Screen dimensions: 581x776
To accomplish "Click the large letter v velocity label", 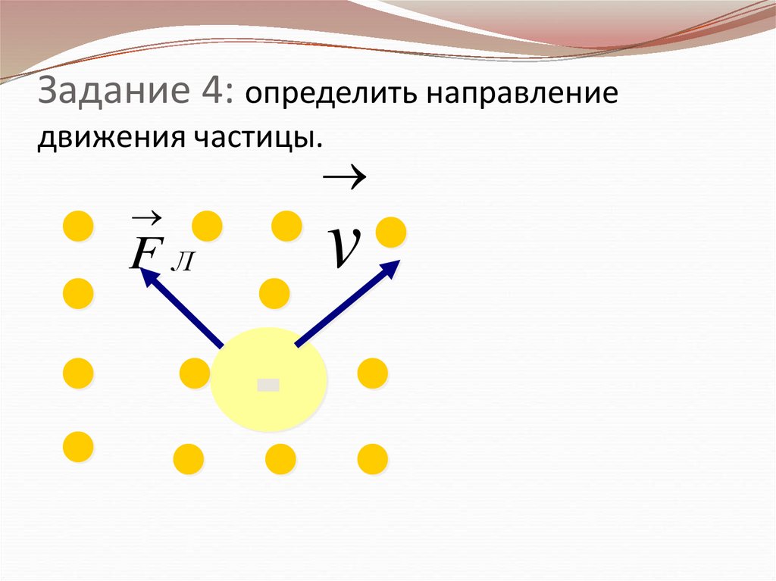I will coord(343,248).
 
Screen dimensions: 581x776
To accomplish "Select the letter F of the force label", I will coord(143,253).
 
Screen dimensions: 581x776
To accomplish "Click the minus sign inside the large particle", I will coord(268,385).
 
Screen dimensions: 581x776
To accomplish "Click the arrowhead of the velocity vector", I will coord(392,267).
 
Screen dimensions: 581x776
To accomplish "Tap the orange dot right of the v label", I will coord(391,232).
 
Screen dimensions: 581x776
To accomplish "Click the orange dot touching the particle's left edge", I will coord(196,373).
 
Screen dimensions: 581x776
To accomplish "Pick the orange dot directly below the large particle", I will coord(280,458).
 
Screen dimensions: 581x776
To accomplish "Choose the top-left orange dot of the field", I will coord(77,226).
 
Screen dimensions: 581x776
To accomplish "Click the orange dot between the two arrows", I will coord(274,293).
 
